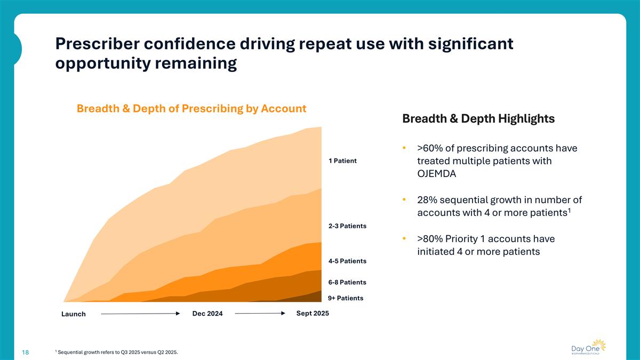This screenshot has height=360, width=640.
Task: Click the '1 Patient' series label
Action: [342, 161]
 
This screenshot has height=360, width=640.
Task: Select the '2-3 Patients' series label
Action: [347, 226]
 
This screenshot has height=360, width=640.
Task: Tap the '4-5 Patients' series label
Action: [347, 261]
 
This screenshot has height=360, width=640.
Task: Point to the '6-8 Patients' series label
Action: [347, 282]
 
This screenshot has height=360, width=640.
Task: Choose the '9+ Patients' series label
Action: [346, 298]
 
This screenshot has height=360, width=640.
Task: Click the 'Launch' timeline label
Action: [74, 314]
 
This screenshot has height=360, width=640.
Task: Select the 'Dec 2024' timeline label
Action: [207, 314]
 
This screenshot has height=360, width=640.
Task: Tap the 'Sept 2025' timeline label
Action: [313, 313]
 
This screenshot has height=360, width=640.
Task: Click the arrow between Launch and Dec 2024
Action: [140, 314]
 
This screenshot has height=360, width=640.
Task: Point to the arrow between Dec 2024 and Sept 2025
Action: [260, 314]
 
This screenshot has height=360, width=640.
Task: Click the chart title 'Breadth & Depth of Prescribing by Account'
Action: [191, 109]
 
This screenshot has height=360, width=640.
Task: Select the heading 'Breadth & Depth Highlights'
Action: [478, 119]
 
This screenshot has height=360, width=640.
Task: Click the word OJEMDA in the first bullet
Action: [436, 173]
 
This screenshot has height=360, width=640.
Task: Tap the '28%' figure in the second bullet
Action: [429, 200]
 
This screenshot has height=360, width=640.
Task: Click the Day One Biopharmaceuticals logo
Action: [588, 347]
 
